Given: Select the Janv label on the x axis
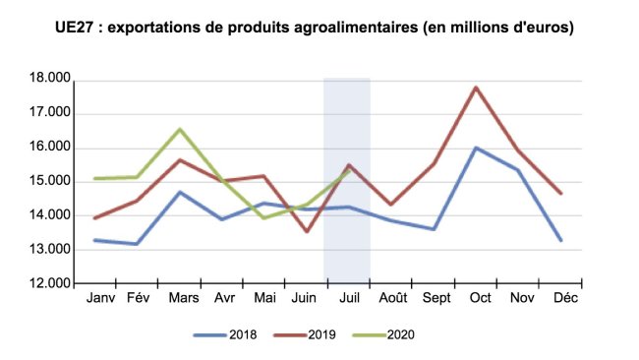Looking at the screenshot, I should (x=100, y=297).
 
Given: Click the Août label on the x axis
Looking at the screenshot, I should (x=393, y=297).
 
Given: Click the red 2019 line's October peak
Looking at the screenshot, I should (x=476, y=88).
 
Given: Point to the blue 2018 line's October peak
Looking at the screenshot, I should (x=476, y=148).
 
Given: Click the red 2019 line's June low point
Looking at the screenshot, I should (x=307, y=232).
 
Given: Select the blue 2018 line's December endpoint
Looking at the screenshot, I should (x=560, y=240).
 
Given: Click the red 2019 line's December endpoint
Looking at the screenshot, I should (x=560, y=193).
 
